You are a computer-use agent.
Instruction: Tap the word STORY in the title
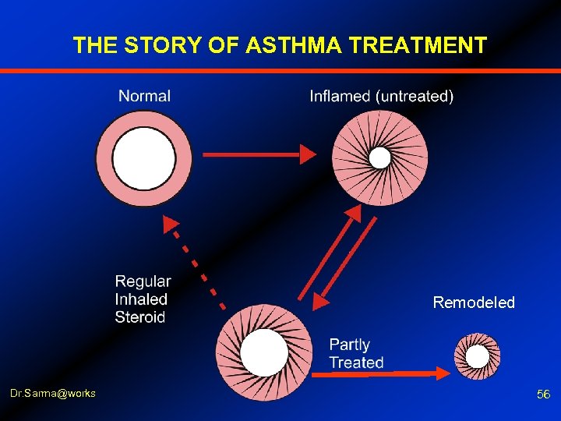coord(164,46)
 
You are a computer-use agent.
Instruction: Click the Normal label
coord(144,96)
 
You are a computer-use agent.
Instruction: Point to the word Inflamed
coord(340,97)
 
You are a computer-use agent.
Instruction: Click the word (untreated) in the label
coord(414,97)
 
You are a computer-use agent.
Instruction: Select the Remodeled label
coord(474,302)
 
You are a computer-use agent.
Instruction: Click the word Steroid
coord(140,317)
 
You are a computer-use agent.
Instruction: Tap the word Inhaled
coord(141,299)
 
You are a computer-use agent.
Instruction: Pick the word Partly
coord(349,345)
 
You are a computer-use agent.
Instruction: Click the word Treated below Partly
coord(356,363)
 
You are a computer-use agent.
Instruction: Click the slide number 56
coord(543,395)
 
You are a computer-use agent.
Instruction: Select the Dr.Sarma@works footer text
coord(54,393)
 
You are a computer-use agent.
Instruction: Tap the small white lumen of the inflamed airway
coord(379,158)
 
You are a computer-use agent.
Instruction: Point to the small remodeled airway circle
coord(477,356)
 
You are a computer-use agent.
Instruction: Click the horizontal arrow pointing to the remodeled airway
coord(382,374)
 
